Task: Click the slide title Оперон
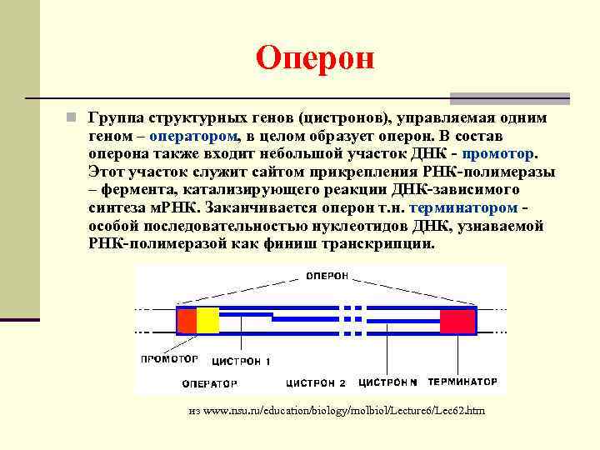pyautogui.click(x=316, y=58)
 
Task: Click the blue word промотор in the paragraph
pyautogui.click(x=498, y=153)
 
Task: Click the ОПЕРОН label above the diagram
pyautogui.click(x=332, y=276)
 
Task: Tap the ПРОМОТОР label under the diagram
pyautogui.click(x=169, y=360)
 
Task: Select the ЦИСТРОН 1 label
pyautogui.click(x=242, y=362)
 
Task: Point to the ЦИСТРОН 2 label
pyautogui.click(x=316, y=383)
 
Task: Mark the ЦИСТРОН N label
pyautogui.click(x=388, y=382)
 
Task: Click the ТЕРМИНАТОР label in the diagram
pyautogui.click(x=462, y=382)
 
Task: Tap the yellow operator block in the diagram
pyautogui.click(x=207, y=321)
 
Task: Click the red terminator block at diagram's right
pyautogui.click(x=457, y=321)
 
